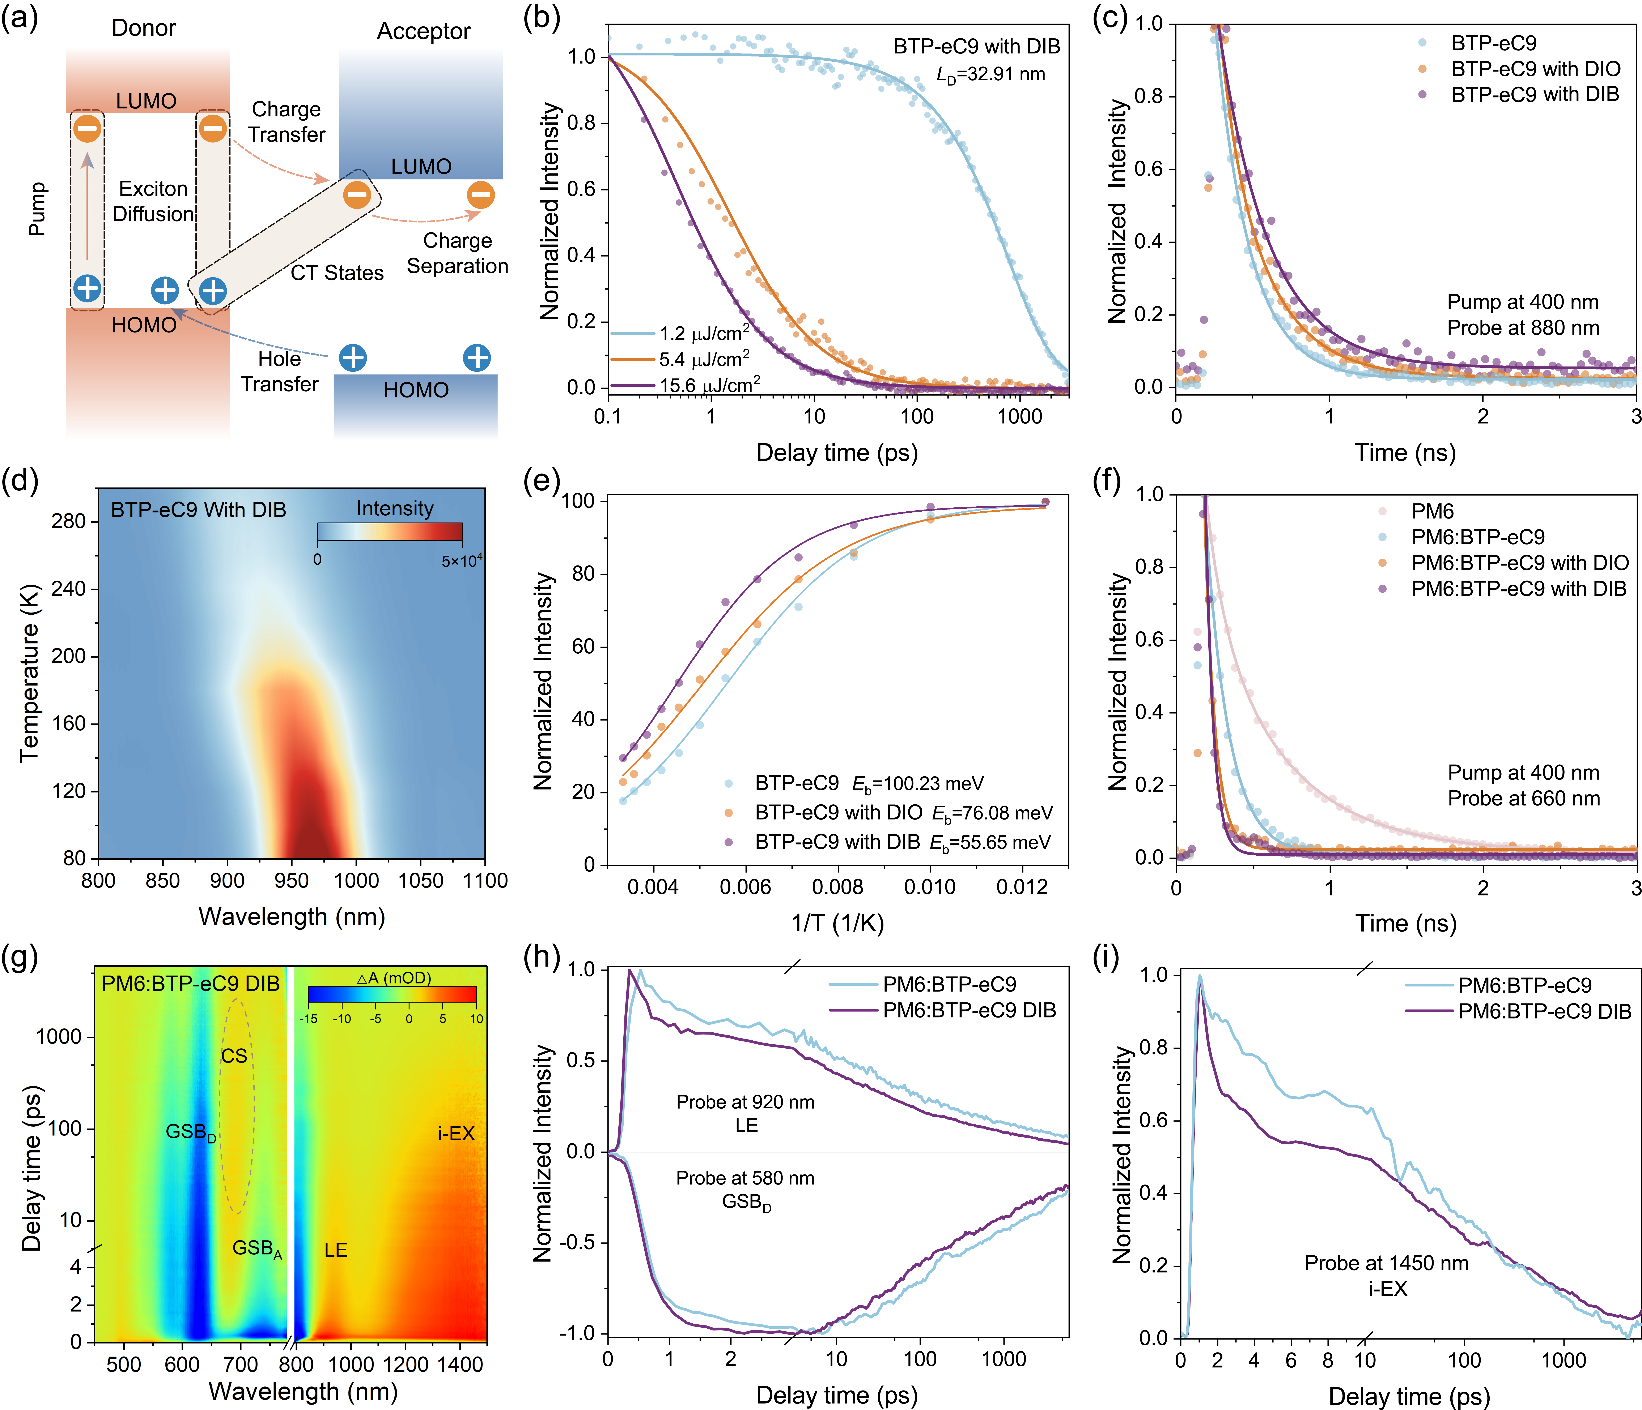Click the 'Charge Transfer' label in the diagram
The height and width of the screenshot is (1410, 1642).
click(x=286, y=122)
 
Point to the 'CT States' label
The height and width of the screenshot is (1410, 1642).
click(x=337, y=273)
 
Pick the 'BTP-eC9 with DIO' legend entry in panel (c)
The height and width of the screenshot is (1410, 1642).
click(x=1535, y=69)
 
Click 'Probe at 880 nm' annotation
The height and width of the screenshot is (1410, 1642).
click(x=1522, y=328)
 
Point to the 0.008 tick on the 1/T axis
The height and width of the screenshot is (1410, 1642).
click(x=838, y=886)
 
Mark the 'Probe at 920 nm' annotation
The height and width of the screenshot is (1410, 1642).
click(x=745, y=1102)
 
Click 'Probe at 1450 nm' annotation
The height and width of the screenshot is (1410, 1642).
click(x=1386, y=1263)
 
